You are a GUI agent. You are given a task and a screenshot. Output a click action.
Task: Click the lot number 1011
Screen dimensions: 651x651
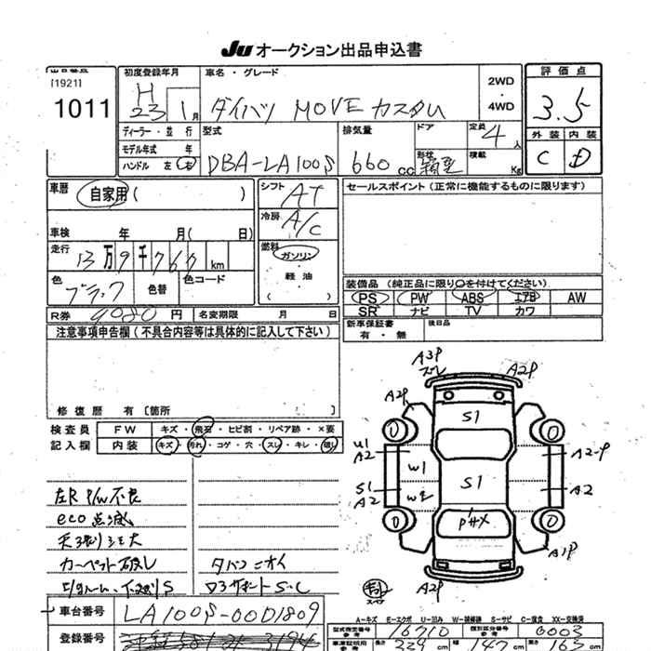79,109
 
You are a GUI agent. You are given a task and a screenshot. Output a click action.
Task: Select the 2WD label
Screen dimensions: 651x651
500,82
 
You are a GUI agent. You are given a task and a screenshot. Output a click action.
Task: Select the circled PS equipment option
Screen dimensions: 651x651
367,298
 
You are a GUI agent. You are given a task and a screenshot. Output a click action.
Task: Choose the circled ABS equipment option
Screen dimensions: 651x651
472,298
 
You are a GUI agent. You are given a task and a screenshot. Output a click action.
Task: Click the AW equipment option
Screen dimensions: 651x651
577,298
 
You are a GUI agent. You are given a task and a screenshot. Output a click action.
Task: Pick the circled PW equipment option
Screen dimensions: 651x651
419,298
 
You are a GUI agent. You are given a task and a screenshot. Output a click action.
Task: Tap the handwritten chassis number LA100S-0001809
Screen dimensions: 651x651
219,611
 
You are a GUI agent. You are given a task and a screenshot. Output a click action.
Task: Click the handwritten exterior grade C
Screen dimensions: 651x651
542,158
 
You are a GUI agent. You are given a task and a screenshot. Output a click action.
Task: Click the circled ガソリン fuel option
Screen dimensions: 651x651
298,254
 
